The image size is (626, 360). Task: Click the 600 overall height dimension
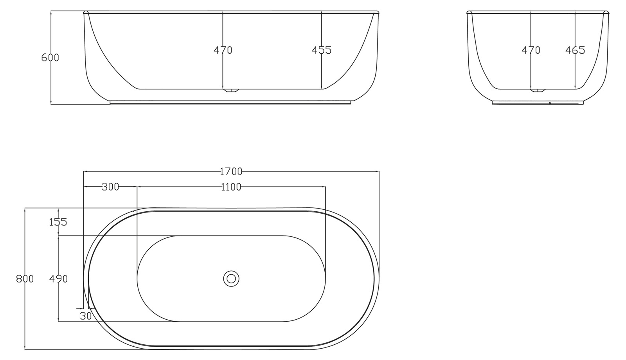(50, 58)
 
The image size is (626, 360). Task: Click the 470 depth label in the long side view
(223, 50)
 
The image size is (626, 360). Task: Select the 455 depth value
(322, 50)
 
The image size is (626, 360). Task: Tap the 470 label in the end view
(531, 50)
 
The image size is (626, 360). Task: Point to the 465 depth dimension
(575, 50)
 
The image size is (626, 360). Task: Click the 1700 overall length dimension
(231, 171)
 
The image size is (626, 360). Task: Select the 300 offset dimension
(110, 187)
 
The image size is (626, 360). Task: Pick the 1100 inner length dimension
(231, 187)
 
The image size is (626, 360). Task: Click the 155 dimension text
(58, 222)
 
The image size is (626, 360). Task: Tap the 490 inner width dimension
(59, 279)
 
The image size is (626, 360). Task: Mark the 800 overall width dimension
(25, 279)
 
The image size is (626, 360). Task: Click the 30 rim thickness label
(86, 315)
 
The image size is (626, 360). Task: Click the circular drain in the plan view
(231, 279)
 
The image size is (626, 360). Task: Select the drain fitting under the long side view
(231, 91)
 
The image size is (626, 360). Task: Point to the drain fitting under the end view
(538, 91)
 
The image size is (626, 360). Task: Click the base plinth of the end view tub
(538, 103)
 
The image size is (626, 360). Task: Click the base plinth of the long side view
(231, 103)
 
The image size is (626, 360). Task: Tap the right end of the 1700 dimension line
(379, 171)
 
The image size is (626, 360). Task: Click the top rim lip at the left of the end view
(469, 13)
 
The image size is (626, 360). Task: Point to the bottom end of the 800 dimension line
(25, 349)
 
